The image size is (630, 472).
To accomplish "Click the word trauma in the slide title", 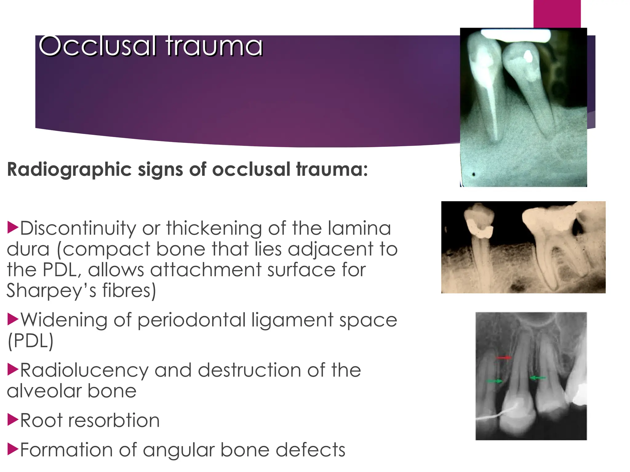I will click(x=214, y=46).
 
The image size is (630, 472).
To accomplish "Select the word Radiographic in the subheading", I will click(x=69, y=169).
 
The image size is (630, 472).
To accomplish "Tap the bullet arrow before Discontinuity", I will click(x=13, y=227).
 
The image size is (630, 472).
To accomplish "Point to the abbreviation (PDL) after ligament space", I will click(x=30, y=341).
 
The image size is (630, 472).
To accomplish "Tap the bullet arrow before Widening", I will click(x=13, y=319).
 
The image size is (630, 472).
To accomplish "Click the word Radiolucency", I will click(x=84, y=370).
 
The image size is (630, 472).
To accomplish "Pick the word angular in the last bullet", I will click(x=178, y=450).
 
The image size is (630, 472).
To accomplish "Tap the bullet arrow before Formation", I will click(x=13, y=449).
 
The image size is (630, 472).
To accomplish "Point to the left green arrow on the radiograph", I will click(x=494, y=381).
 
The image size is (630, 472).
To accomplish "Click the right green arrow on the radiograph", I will click(x=538, y=378).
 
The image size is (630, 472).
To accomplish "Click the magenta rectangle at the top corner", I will click(x=557, y=14).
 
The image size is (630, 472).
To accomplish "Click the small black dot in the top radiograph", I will click(x=474, y=175).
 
